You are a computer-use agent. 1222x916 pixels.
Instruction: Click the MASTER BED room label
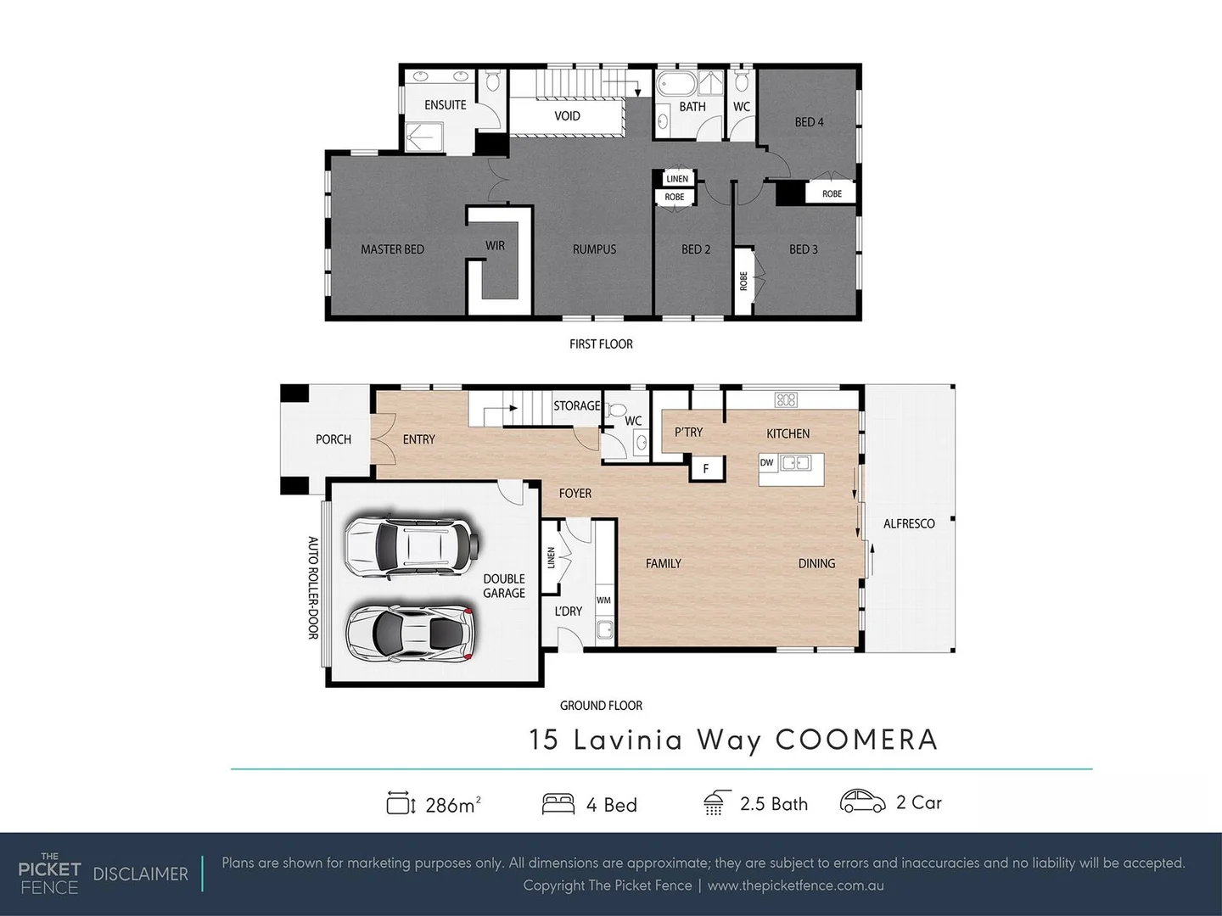392,249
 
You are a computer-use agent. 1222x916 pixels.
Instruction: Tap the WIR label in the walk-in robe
495,245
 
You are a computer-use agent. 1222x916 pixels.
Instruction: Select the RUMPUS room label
594,249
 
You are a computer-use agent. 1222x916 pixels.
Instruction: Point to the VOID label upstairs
567,116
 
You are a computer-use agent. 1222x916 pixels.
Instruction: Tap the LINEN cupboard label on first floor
677,179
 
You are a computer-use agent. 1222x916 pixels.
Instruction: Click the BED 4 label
809,122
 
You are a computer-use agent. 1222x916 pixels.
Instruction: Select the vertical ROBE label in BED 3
743,281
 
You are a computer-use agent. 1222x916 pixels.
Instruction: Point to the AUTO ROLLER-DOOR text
312,587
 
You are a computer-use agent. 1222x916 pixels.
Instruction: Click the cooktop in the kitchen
786,399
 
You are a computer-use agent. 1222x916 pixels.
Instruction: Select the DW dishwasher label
767,463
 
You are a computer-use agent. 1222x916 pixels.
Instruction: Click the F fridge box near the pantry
705,468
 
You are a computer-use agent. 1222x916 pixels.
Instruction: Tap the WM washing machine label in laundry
603,600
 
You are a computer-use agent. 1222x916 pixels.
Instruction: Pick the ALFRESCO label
909,524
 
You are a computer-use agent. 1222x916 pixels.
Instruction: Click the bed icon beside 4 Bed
558,804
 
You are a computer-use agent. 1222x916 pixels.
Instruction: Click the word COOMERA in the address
856,740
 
